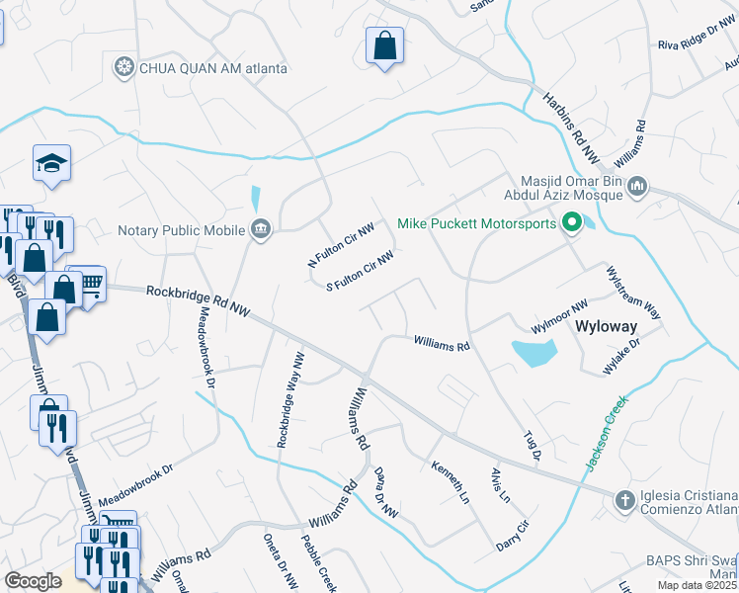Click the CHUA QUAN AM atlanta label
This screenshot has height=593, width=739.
click(x=212, y=68)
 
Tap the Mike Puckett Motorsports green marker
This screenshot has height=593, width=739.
click(x=570, y=224)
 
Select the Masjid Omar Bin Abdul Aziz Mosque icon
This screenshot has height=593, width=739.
click(x=637, y=185)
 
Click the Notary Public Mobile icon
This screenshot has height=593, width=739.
click(x=260, y=230)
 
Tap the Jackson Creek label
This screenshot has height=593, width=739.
click(x=604, y=435)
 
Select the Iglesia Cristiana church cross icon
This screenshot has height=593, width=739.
click(x=623, y=501)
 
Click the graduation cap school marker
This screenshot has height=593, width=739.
click(x=51, y=164)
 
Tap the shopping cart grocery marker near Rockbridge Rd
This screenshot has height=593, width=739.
click(x=89, y=285)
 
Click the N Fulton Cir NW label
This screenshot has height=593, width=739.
click(x=341, y=247)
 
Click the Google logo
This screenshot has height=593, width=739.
click(x=34, y=580)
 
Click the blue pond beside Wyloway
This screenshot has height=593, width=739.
click(x=534, y=352)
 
